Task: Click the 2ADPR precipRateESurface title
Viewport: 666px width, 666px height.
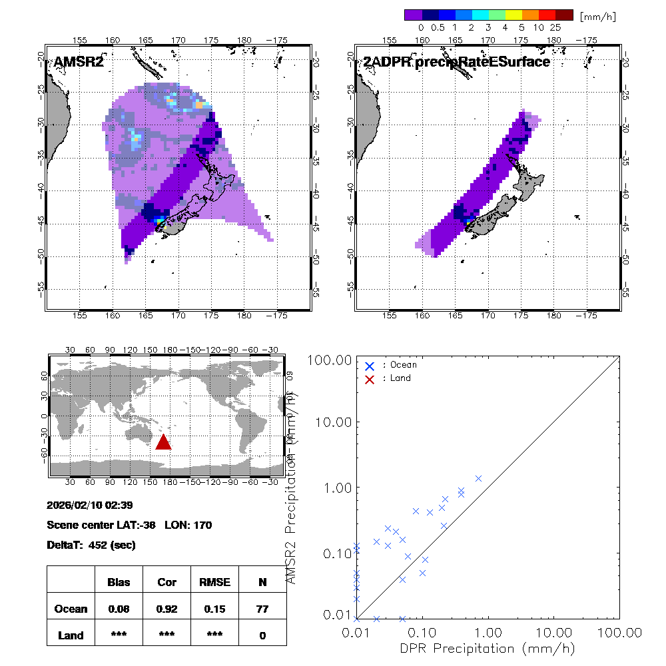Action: tap(456, 62)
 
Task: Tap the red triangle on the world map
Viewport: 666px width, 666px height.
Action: tap(163, 442)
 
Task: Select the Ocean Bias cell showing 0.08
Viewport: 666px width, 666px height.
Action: tap(119, 609)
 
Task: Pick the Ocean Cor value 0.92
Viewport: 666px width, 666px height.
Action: tap(166, 609)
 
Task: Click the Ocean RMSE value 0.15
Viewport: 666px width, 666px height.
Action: tap(214, 609)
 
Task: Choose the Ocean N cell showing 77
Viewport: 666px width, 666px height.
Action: tap(262, 609)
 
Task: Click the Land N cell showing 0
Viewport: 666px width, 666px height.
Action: tap(262, 635)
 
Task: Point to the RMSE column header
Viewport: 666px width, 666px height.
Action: tap(214, 582)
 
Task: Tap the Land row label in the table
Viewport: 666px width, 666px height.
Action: tap(71, 635)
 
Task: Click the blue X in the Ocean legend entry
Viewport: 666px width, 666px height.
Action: tap(370, 366)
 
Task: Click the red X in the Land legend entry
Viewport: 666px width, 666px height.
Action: tap(370, 378)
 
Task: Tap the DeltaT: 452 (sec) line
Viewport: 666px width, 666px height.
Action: tap(91, 545)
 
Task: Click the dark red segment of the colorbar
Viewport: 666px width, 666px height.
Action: tap(564, 15)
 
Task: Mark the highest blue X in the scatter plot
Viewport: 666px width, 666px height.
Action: tap(478, 478)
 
